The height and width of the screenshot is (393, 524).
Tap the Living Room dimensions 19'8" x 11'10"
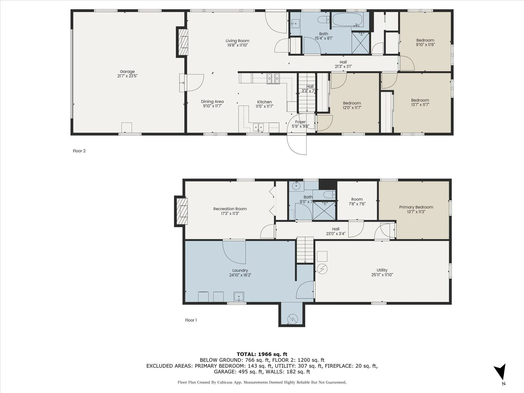[237, 45]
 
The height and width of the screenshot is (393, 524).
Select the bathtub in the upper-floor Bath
[347, 19]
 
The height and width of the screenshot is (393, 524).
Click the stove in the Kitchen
[273, 79]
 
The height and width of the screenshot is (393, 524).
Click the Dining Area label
[212, 102]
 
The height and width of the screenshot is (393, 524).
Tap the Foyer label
[300, 122]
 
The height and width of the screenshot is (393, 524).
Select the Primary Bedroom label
[416, 207]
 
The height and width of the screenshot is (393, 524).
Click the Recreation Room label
[230, 209]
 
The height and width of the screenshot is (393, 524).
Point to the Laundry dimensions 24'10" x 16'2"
[240, 275]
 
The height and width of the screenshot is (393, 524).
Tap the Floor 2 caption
[79, 151]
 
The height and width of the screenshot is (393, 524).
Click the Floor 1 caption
[191, 320]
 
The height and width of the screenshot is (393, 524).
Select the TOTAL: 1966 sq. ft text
[262, 354]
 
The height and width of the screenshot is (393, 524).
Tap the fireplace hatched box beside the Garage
[182, 42]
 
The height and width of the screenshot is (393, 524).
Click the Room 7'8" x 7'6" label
[357, 201]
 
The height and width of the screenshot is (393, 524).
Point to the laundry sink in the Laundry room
[239, 297]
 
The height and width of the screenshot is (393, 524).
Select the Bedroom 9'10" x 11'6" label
[425, 42]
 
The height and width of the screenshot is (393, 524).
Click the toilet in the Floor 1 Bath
[329, 195]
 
